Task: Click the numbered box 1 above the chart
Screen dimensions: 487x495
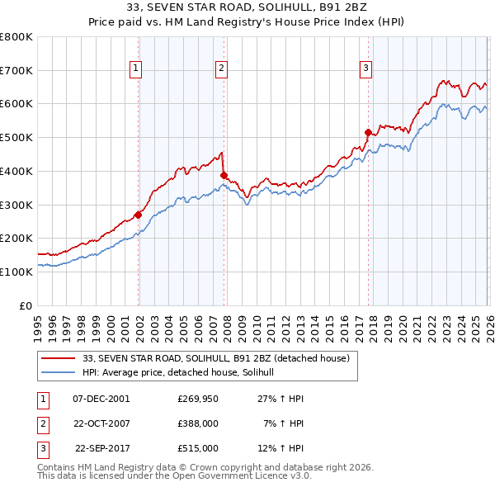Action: (135, 69)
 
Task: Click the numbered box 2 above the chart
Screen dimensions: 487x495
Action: (222, 69)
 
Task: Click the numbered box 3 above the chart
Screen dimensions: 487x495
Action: (366, 69)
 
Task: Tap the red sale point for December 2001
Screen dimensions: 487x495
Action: (138, 215)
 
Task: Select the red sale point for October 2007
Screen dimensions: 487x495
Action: (224, 175)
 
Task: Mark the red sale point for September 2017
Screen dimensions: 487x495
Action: (368, 132)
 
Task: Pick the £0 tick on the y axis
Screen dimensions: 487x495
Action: (25, 305)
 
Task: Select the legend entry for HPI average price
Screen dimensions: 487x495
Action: (183, 373)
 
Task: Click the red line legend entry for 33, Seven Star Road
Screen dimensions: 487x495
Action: (216, 358)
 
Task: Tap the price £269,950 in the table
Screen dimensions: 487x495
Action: (197, 399)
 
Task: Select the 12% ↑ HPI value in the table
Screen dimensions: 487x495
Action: (281, 448)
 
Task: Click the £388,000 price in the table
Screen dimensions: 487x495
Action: (197, 423)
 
